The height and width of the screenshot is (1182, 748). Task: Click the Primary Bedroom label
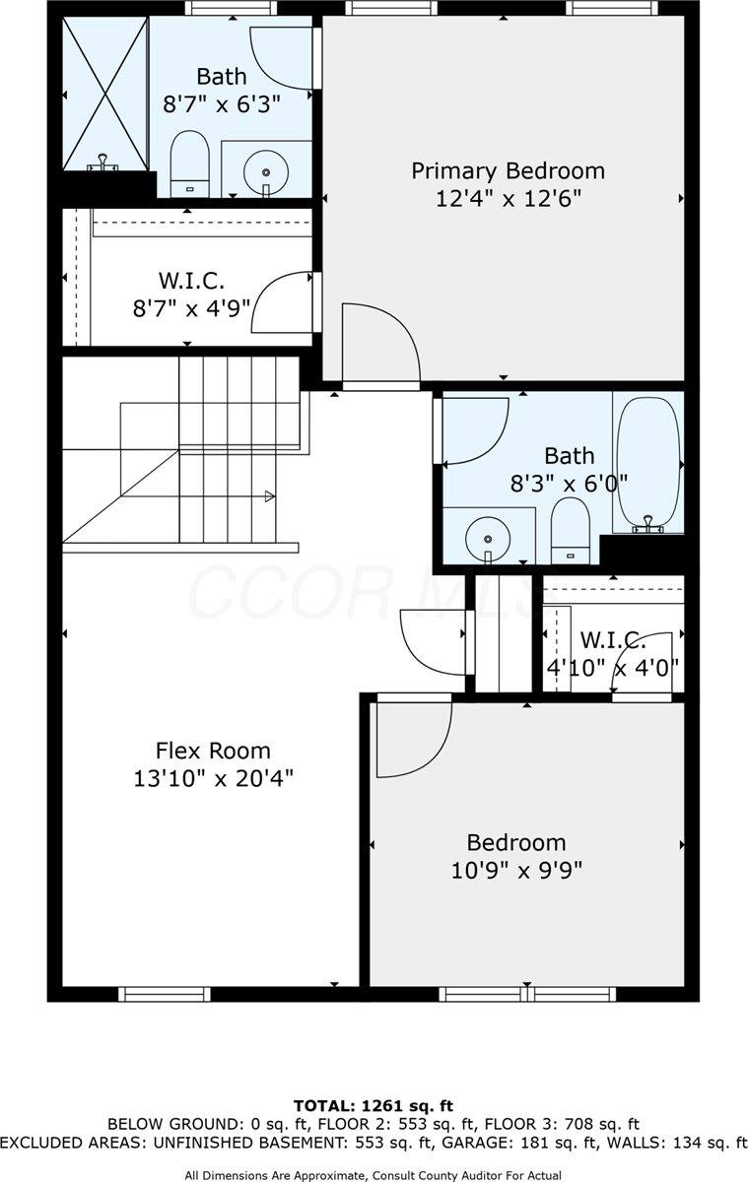click(508, 171)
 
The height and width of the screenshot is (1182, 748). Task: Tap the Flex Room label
click(213, 751)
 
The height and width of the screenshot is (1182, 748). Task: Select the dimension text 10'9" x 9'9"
click(516, 871)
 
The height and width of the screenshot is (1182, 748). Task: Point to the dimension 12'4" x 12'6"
click(508, 199)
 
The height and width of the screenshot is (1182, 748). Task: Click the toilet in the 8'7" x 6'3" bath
click(190, 164)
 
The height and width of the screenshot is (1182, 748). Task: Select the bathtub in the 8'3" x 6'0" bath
click(647, 462)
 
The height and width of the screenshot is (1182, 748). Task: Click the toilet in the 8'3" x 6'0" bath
click(569, 533)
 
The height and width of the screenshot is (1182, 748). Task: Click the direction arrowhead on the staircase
click(269, 497)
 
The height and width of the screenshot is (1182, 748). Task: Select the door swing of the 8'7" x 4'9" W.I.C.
click(284, 302)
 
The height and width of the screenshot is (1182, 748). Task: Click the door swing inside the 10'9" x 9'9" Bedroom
click(412, 737)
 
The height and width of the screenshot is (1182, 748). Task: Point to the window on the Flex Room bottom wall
click(164, 994)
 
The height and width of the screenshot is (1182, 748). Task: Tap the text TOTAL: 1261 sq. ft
click(374, 1105)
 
